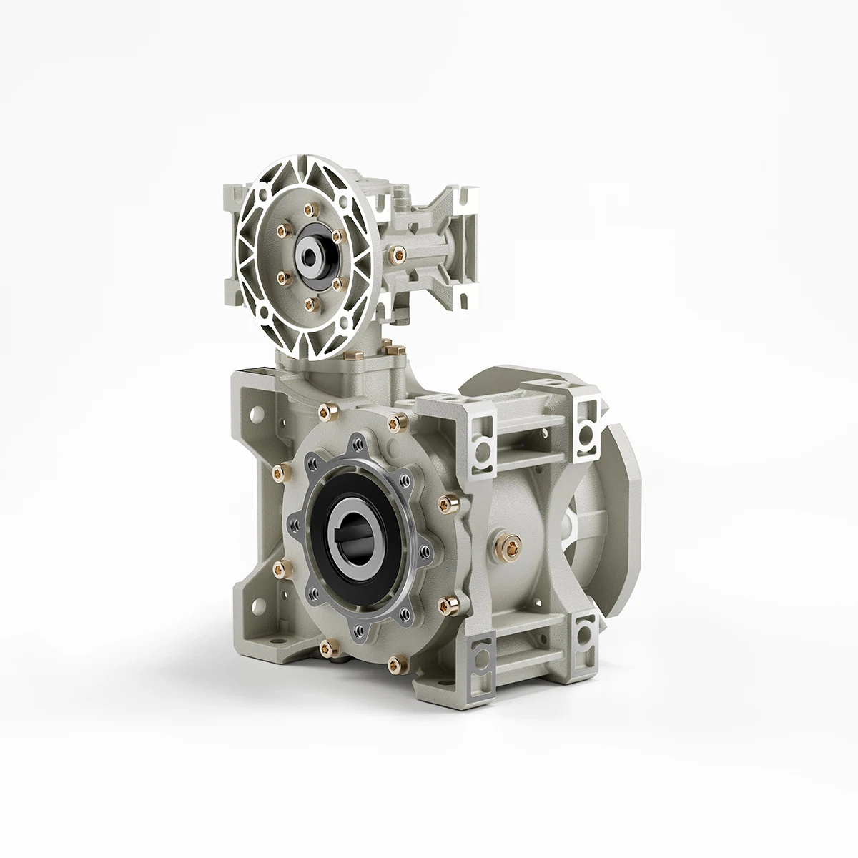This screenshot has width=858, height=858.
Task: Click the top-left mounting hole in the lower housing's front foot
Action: (255, 413)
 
